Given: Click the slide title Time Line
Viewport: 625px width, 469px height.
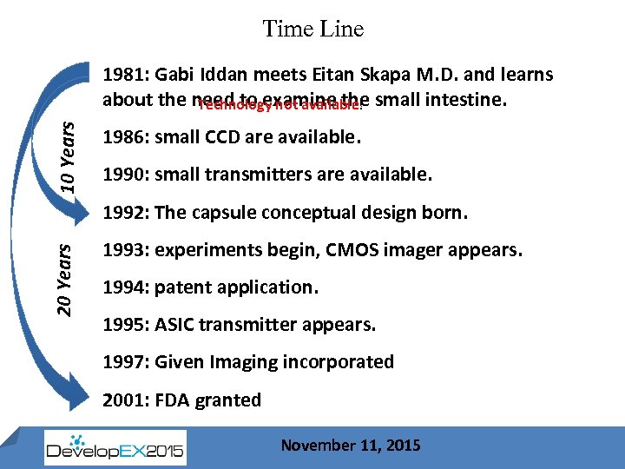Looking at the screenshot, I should click(313, 29).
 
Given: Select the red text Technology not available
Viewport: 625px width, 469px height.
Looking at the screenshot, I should click(279, 106).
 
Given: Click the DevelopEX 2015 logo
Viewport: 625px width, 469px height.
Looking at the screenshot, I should click(115, 446).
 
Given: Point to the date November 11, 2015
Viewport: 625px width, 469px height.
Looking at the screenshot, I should click(351, 446).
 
